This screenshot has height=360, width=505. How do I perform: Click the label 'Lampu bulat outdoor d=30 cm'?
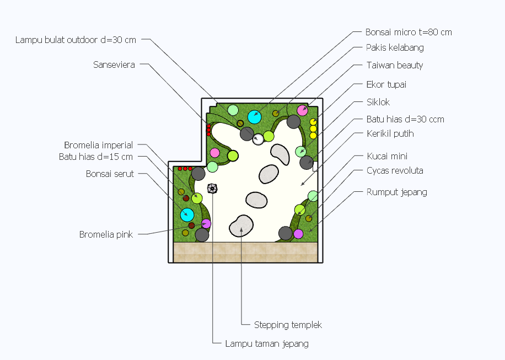pyautogui.click(x=76, y=40)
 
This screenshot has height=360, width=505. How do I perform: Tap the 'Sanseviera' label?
pyautogui.click(x=114, y=65)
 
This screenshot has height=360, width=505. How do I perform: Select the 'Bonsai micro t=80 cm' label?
pyautogui.click(x=409, y=32)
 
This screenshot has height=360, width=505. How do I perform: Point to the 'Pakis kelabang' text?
pyautogui.click(x=395, y=47)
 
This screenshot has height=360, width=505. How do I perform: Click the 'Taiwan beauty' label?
pyautogui.click(x=395, y=66)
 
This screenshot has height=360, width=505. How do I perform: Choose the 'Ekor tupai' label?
pyautogui.click(x=386, y=85)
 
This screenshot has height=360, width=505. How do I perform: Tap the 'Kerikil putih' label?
pyautogui.click(x=390, y=133)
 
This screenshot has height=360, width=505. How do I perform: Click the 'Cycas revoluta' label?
pyautogui.click(x=395, y=171)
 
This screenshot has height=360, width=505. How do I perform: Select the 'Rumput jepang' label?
pyautogui.click(x=397, y=192)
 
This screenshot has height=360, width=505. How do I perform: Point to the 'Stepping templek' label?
pyautogui.click(x=288, y=325)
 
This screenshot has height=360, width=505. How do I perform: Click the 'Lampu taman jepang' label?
pyautogui.click(x=267, y=344)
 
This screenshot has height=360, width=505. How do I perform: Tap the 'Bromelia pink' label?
pyautogui.click(x=106, y=234)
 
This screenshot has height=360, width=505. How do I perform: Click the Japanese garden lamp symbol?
pyautogui.click(x=212, y=189)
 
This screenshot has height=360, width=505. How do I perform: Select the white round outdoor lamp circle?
pyautogui.click(x=258, y=139)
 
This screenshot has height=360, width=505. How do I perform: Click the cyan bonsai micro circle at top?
pyautogui.click(x=255, y=117)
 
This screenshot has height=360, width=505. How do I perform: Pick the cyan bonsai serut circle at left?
pyautogui.click(x=187, y=215)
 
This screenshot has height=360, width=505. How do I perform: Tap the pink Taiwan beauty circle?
pyautogui.click(x=303, y=110)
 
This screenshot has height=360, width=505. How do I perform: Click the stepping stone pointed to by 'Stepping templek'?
pyautogui.click(x=241, y=226)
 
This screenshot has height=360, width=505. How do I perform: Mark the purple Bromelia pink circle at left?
pyautogui.click(x=206, y=223)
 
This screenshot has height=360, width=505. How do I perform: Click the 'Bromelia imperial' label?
pyautogui.click(x=99, y=145)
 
